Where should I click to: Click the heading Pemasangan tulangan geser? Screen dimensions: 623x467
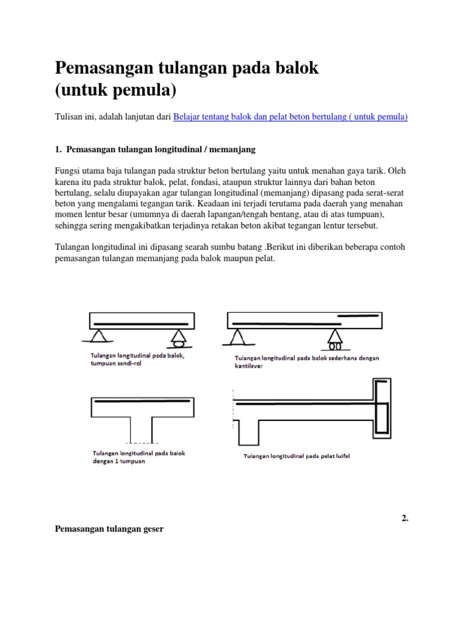point(109,530)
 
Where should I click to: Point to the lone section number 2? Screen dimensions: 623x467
point(404,518)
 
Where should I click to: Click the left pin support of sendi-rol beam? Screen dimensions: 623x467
point(97,336)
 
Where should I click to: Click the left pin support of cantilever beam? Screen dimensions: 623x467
point(237,336)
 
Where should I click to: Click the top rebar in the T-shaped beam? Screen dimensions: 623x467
point(142,403)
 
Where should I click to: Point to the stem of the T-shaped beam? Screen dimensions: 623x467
point(142,426)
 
